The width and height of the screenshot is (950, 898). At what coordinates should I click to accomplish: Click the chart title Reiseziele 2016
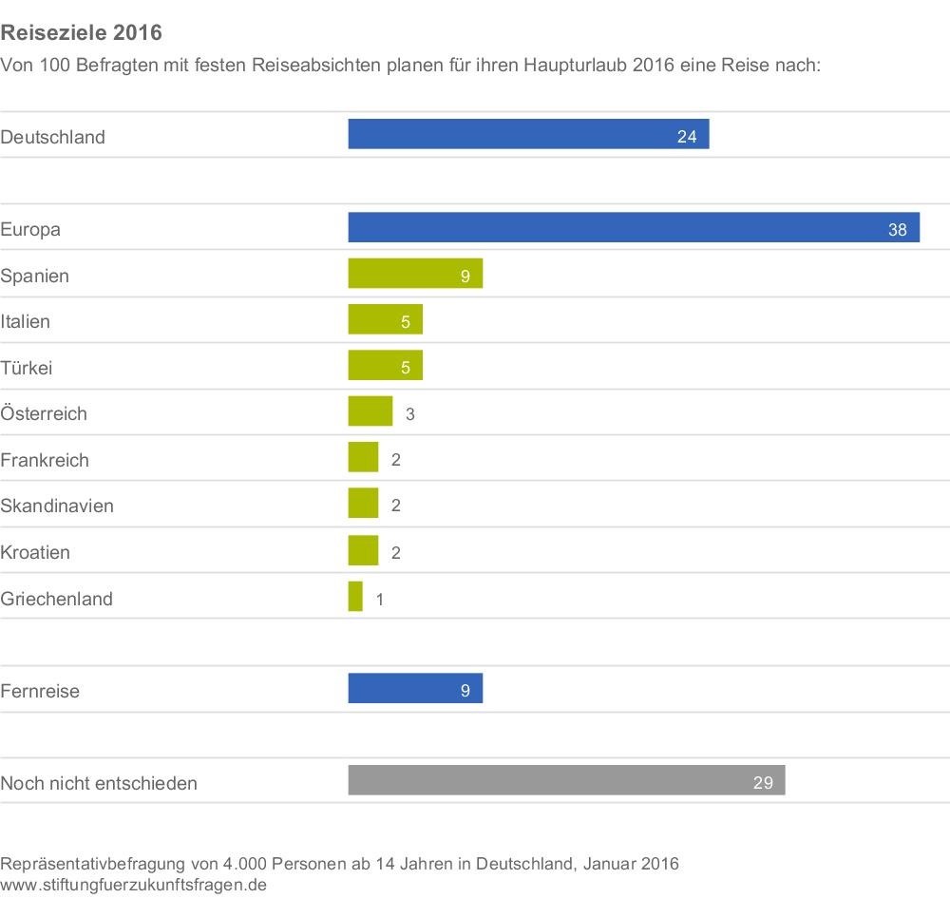pyautogui.click(x=82, y=33)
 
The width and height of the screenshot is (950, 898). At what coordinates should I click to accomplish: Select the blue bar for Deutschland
pyautogui.click(x=528, y=134)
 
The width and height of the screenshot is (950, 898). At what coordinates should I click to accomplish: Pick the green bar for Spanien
pyautogui.click(x=415, y=274)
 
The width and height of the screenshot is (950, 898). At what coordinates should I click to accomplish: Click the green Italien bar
pyautogui.click(x=385, y=319)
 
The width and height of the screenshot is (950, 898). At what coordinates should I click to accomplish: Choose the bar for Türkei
pyautogui.click(x=385, y=366)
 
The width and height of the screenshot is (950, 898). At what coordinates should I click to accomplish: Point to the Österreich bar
pyautogui.click(x=370, y=411)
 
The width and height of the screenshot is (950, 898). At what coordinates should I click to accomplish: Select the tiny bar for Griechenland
pyautogui.click(x=355, y=597)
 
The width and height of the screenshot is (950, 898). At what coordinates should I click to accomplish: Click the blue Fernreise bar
pyautogui.click(x=415, y=689)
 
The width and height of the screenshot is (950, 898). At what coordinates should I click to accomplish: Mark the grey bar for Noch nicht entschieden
pyautogui.click(x=566, y=780)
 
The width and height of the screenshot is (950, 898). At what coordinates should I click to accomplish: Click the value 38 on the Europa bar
pyautogui.click(x=898, y=229)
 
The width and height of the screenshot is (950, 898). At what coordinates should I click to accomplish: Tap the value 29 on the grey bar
pyautogui.click(x=763, y=784)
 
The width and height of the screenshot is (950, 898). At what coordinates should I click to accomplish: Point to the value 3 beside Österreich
pyautogui.click(x=410, y=414)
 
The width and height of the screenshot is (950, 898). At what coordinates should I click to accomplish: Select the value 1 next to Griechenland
pyautogui.click(x=381, y=600)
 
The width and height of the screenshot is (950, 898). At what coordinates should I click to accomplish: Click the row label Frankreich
pyautogui.click(x=45, y=460)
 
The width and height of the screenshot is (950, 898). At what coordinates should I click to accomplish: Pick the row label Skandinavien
pyautogui.click(x=57, y=506)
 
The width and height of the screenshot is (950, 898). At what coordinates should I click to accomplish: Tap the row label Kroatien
pyautogui.click(x=35, y=552)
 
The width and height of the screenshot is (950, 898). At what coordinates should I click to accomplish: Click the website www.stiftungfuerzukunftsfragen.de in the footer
pyautogui.click(x=133, y=885)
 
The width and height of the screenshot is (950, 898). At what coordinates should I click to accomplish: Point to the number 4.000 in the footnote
pyautogui.click(x=242, y=864)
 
